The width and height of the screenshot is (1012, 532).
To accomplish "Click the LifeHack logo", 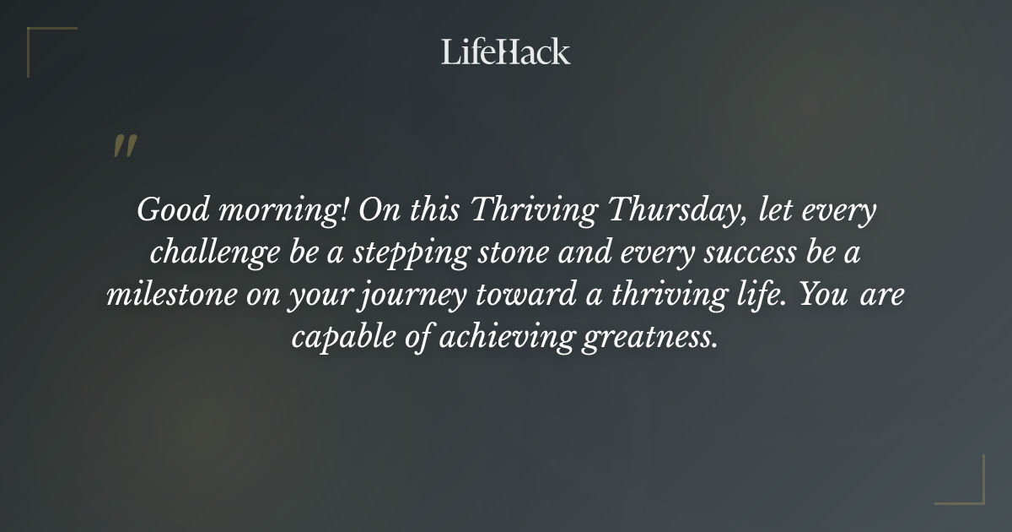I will click(x=505, y=52).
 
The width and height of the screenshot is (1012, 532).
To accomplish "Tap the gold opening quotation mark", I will click(x=124, y=146).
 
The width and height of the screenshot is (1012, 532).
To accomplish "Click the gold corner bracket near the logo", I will click(x=51, y=51).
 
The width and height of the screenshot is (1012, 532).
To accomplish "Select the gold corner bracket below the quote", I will click(x=960, y=480).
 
